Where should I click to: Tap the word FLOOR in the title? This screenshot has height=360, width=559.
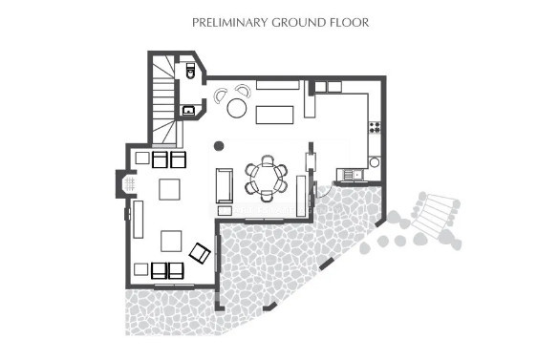click(350, 20)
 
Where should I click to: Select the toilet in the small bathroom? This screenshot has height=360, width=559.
click(189, 72)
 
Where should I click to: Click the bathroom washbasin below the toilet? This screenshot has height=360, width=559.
click(188, 111)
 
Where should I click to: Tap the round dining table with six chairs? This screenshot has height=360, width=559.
click(266, 178)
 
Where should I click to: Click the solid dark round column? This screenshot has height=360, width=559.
click(220, 146)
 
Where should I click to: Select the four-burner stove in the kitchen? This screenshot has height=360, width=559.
click(375, 126)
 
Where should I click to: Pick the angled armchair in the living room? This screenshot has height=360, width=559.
click(200, 253)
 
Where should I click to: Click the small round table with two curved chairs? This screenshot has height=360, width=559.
click(236, 107)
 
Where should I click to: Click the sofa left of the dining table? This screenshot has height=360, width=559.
click(225, 183)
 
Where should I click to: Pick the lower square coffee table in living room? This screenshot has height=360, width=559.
click(171, 240)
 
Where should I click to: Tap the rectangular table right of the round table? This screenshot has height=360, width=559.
click(276, 116)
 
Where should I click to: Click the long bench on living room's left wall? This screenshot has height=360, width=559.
click(139, 219)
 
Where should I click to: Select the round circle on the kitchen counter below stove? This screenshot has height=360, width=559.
click(375, 162)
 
